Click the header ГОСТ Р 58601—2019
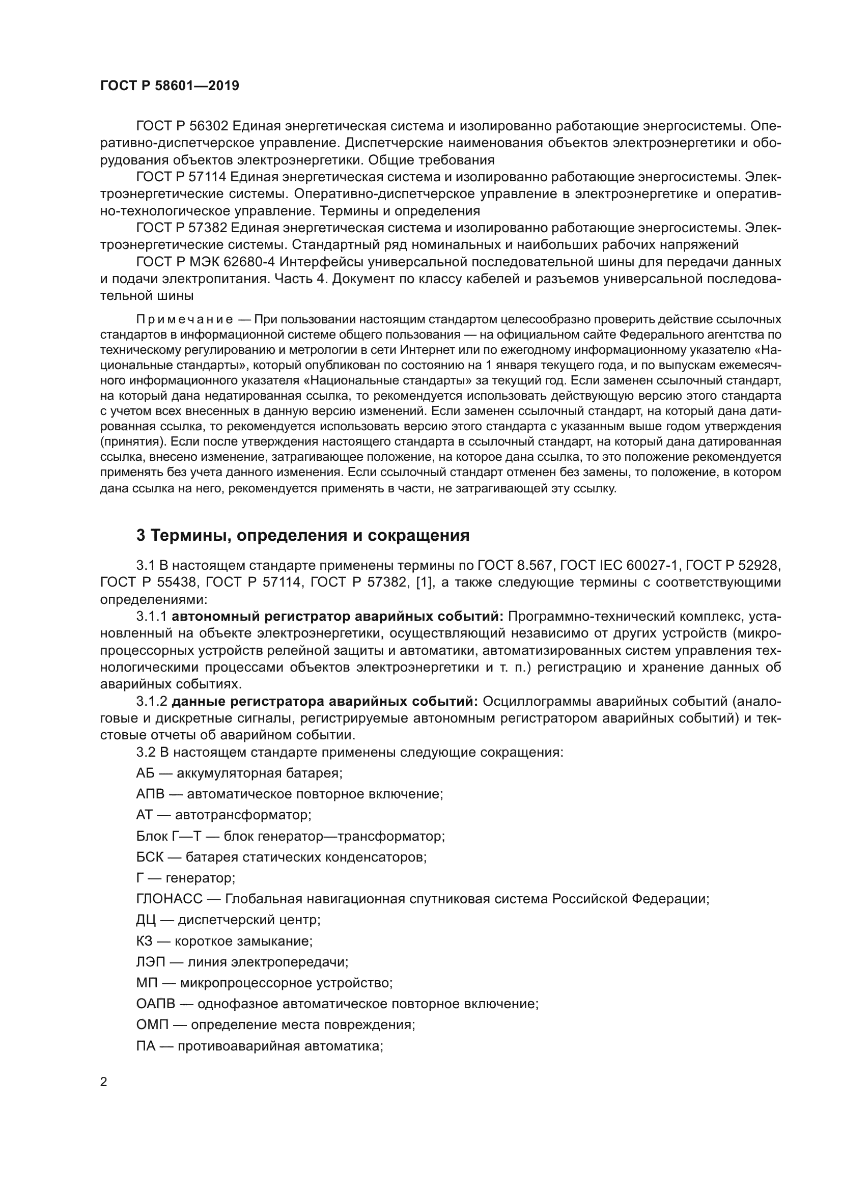click(x=170, y=86)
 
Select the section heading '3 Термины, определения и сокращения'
click(x=303, y=535)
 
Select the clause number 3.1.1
click(x=151, y=617)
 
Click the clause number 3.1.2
click(x=151, y=702)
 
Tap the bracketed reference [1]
click(x=424, y=583)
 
